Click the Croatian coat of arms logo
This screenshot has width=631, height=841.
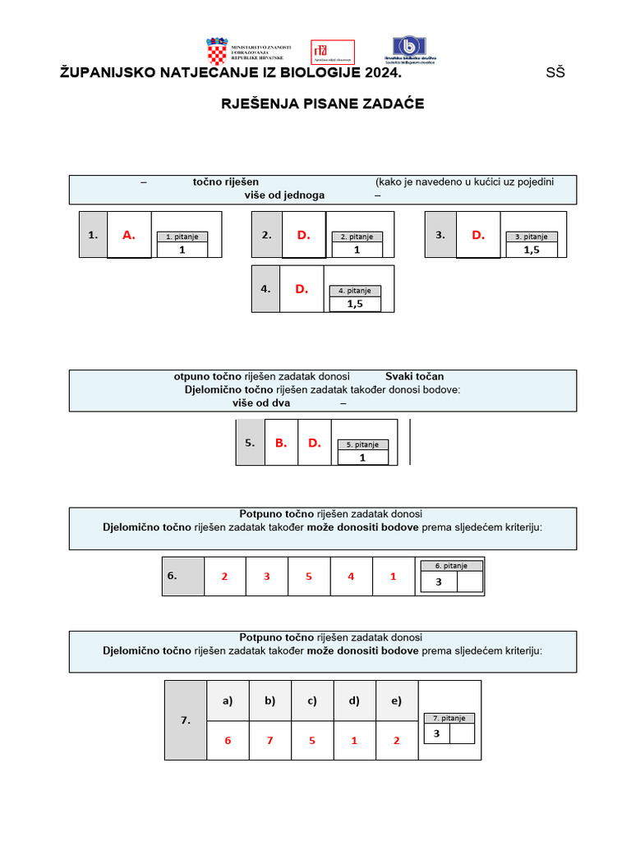click(217, 52)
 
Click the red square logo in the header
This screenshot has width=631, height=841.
click(332, 53)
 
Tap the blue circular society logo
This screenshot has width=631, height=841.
click(405, 48)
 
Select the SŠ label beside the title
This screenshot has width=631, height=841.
click(555, 73)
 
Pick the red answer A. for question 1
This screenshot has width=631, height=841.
click(129, 235)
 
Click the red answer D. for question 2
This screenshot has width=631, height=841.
click(304, 235)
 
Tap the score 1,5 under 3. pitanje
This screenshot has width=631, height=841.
click(532, 250)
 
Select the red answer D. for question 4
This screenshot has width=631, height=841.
click(302, 288)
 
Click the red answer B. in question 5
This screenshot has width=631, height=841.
click(281, 443)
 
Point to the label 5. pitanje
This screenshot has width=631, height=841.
click(362, 444)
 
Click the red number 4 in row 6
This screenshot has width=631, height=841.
click(351, 577)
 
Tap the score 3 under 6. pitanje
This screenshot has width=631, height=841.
click(439, 581)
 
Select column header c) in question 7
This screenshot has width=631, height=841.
click(312, 701)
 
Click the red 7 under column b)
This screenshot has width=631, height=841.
click(269, 740)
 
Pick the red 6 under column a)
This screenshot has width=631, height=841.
click(228, 740)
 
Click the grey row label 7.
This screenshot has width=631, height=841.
click(185, 720)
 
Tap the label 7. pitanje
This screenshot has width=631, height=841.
click(449, 718)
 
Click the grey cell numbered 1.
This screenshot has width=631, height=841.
click(93, 235)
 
